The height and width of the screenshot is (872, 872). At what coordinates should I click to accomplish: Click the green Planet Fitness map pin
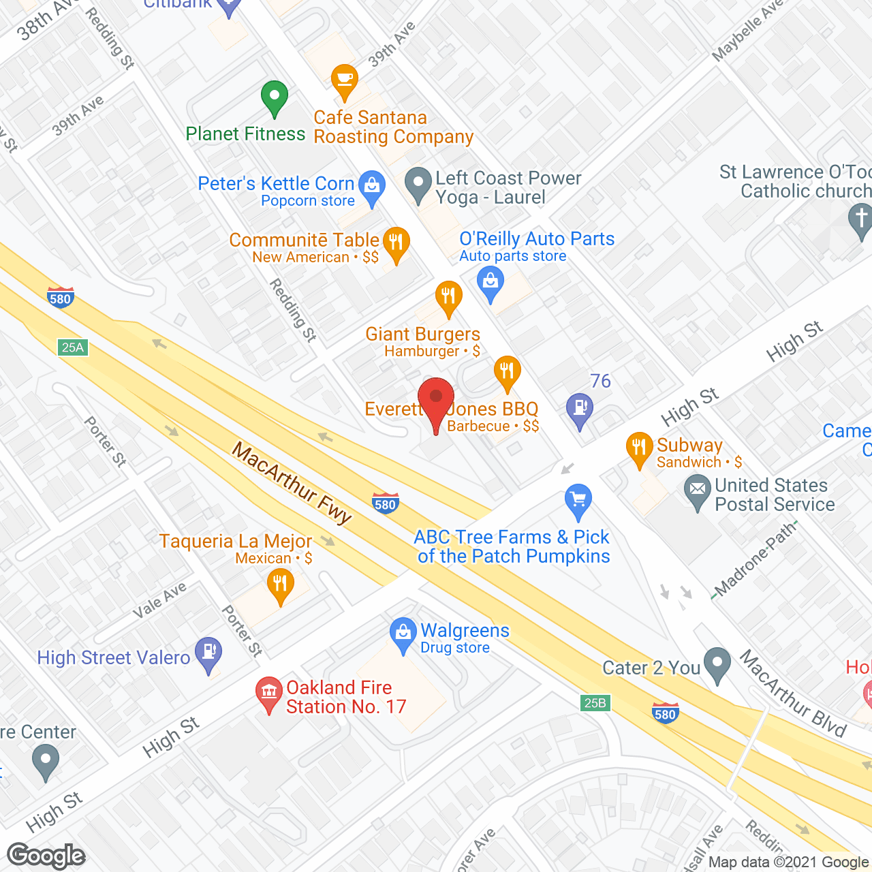point(274,97)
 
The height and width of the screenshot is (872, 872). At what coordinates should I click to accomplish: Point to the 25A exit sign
point(73,347)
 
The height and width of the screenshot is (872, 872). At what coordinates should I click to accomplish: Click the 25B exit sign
point(595,702)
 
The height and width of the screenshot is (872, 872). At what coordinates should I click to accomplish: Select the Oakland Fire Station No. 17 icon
point(269,693)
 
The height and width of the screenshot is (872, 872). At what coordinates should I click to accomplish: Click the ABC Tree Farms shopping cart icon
point(578,501)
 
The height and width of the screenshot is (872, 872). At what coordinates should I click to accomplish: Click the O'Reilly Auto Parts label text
point(537,239)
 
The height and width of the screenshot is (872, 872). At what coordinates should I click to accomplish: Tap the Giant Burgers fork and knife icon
point(448,297)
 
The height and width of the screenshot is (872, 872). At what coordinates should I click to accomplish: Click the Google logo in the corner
point(46,856)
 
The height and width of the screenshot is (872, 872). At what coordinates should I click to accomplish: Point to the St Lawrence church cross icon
point(861,220)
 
